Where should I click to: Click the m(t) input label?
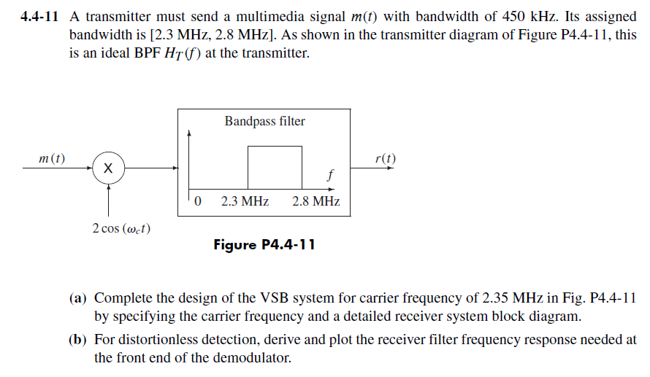tap(51, 158)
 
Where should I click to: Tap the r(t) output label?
tap(385, 158)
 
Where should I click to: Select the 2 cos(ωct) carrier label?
tap(122, 228)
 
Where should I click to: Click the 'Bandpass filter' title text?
tap(264, 121)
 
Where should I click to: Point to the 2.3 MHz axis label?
tap(245, 201)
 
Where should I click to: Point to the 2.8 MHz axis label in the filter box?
tap(316, 201)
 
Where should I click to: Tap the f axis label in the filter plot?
tap(331, 176)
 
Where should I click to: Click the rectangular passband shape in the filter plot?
tap(275, 167)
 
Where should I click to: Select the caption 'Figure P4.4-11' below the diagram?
tap(264, 244)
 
